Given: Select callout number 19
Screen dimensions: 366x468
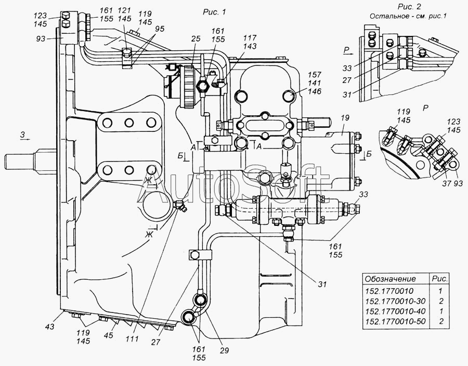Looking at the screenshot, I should point(345,118).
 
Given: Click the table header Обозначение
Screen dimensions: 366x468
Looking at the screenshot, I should point(391,279).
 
